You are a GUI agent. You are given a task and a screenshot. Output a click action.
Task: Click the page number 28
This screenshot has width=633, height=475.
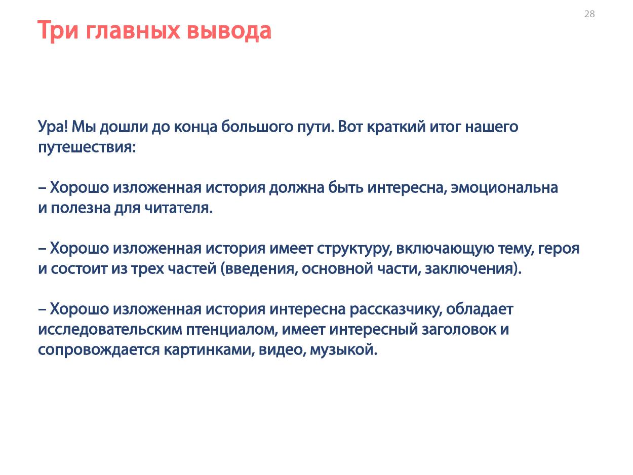click(589, 14)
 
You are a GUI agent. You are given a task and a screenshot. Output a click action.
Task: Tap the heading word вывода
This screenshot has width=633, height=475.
click(229, 30)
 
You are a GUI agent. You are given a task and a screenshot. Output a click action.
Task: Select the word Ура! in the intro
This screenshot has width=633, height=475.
click(53, 127)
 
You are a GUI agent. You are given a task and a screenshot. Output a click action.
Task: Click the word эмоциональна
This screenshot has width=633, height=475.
click(504, 187)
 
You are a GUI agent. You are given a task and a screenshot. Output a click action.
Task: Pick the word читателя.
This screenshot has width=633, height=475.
click(178, 208)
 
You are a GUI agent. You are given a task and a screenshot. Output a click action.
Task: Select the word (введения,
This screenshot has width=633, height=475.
click(259, 269)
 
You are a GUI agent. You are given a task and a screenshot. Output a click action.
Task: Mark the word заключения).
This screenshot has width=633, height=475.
click(473, 269)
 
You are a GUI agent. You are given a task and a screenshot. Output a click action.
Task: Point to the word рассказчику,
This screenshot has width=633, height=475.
click(395, 310)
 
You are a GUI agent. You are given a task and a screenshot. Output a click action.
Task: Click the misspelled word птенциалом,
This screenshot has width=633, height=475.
click(232, 329)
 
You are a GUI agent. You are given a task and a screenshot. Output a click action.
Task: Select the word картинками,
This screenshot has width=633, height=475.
click(209, 350)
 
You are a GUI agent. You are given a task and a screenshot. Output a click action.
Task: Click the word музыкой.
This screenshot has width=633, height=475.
click(343, 350)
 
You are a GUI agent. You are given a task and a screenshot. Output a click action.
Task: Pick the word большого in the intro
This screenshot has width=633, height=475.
click(257, 127)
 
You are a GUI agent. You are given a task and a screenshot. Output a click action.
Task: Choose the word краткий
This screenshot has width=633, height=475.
click(396, 127)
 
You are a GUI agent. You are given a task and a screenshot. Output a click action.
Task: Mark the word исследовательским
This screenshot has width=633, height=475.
click(110, 329)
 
